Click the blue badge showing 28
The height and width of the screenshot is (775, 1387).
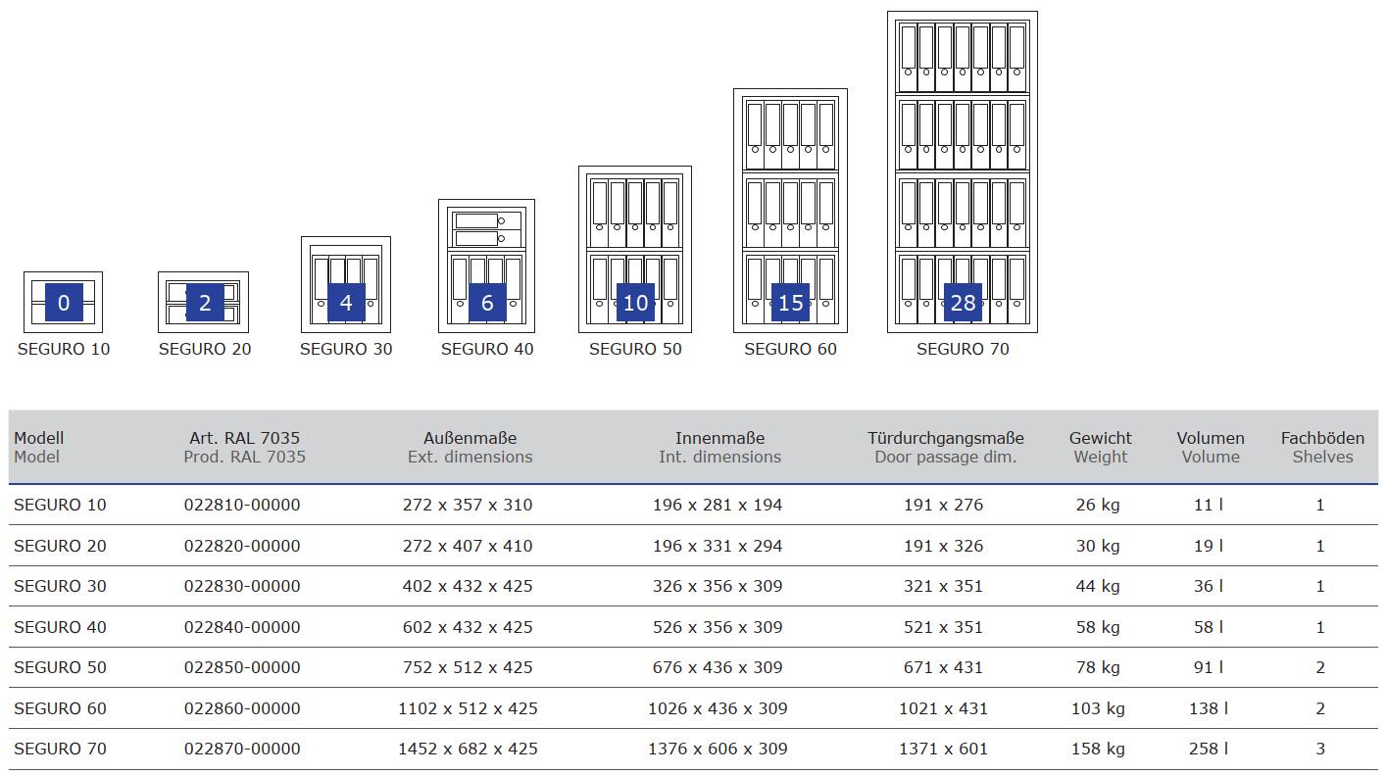point(963,303)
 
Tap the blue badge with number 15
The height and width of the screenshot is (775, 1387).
point(790,303)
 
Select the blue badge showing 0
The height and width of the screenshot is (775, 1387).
point(64,303)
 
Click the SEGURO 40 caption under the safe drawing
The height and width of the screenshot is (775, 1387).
point(487,349)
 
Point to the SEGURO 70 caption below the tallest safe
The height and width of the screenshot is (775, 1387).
point(963,349)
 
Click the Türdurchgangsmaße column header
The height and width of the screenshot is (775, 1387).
point(945,438)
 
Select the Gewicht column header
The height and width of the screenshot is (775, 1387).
point(1100,438)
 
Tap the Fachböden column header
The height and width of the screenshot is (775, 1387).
point(1322,438)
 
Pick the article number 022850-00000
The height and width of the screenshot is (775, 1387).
point(242,667)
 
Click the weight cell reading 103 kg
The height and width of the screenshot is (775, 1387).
point(1098,708)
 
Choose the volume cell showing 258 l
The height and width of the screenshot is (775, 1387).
point(1209,749)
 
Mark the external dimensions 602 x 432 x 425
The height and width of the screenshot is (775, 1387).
point(468,627)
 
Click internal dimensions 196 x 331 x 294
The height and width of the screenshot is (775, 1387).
point(718,546)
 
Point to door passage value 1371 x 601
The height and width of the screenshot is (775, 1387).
point(943,749)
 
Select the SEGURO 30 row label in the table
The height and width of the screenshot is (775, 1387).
point(60,586)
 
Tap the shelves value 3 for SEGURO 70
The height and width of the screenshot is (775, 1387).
point(1320,749)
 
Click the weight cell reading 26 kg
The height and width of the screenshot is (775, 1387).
point(1098,505)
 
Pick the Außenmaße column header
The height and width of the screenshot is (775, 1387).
point(470,438)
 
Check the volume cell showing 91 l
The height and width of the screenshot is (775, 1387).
point(1209,667)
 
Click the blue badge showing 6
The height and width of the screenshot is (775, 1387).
point(487,303)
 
